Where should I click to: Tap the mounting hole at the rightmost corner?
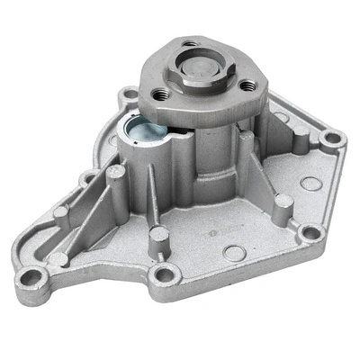pos(334,139)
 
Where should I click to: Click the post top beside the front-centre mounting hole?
pos(158,237)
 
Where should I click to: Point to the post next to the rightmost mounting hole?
pos(301,140)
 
